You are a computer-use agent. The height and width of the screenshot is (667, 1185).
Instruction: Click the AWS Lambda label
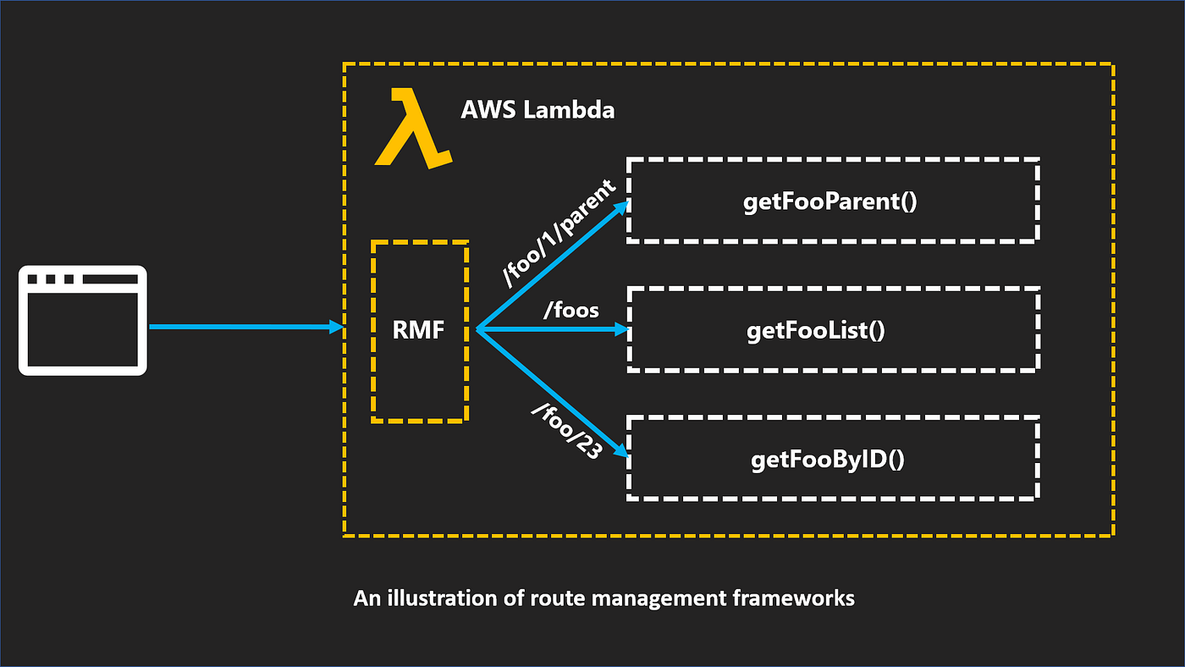pos(537,110)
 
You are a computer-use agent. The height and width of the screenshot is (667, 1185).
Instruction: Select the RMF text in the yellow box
pos(418,331)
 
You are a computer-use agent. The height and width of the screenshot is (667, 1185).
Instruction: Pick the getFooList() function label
pos(815,330)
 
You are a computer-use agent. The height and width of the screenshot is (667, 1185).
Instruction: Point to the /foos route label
pos(571,311)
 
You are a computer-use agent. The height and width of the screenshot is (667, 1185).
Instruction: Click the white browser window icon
pos(83,320)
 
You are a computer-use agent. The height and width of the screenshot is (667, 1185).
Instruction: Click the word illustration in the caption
pos(439,598)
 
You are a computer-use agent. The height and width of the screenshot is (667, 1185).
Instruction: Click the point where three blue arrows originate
pos(477,330)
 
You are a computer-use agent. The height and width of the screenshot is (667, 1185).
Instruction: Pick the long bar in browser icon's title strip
pos(109,279)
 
